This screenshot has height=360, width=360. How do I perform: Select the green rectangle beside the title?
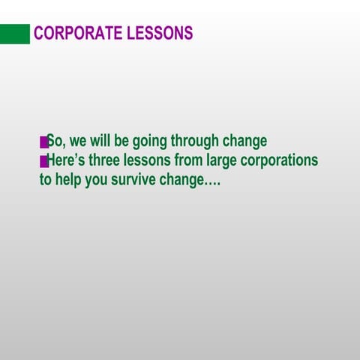point(15,34)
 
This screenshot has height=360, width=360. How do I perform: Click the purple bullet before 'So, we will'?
point(43,142)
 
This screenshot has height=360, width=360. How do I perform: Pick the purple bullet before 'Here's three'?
point(43,161)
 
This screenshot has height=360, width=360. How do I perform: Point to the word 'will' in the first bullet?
point(100,141)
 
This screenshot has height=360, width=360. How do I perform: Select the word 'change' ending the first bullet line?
point(244,141)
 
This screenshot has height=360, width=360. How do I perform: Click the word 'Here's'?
point(67,160)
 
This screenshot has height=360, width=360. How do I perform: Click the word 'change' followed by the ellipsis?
point(181,181)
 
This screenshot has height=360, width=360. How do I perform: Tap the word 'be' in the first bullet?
point(121,141)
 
